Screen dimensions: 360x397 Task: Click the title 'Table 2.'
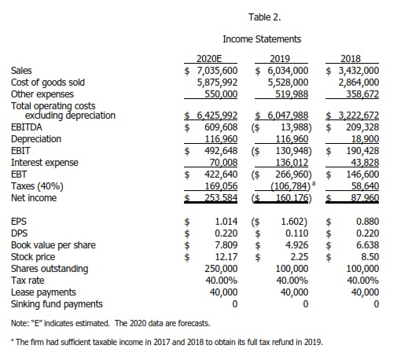tap(263, 15)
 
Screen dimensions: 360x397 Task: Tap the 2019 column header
tap(281, 58)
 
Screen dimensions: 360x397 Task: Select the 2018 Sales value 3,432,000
tap(359, 70)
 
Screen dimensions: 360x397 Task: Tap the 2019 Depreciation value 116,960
tap(292, 137)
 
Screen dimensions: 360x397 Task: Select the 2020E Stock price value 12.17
tap(226, 256)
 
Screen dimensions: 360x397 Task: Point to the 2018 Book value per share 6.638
tap(367, 244)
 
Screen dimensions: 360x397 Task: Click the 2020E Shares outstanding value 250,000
tap(220, 268)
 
